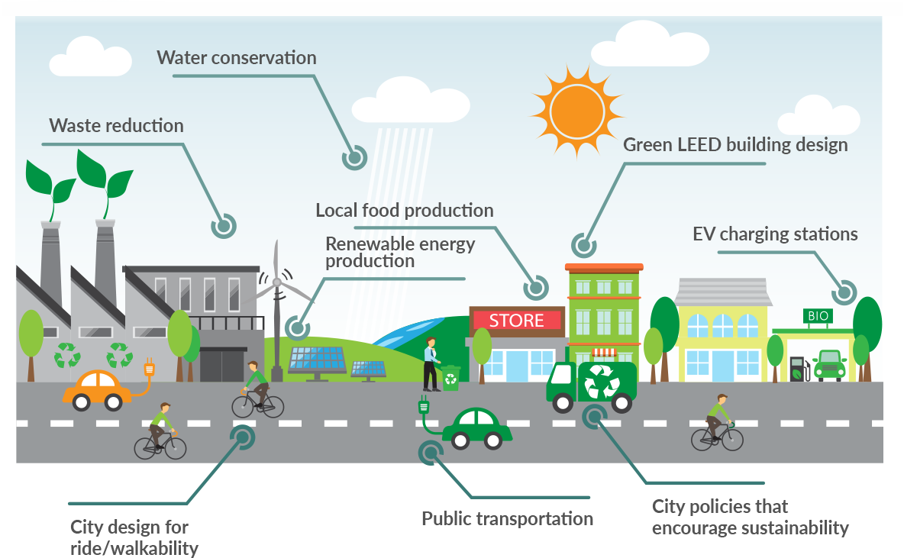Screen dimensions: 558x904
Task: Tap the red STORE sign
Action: pos(516,321)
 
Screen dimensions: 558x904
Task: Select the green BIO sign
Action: pos(816,316)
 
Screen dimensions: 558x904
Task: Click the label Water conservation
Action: pos(236,58)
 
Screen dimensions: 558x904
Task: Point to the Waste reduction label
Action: pos(116,126)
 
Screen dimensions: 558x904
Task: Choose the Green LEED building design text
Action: pos(735,144)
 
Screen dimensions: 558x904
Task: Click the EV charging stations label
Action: pos(775,234)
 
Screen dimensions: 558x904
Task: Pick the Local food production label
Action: pos(404,210)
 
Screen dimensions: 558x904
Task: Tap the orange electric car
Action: pos(97,389)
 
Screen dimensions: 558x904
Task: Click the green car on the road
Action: pos(476,428)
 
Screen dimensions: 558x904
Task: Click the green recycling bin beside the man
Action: pos(450,377)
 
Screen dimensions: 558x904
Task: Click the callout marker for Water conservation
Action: pos(354,157)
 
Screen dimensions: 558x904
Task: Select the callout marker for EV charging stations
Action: pos(844,292)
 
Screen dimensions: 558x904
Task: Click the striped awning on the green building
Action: pos(604,352)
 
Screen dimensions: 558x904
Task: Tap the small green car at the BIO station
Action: pos(829,365)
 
